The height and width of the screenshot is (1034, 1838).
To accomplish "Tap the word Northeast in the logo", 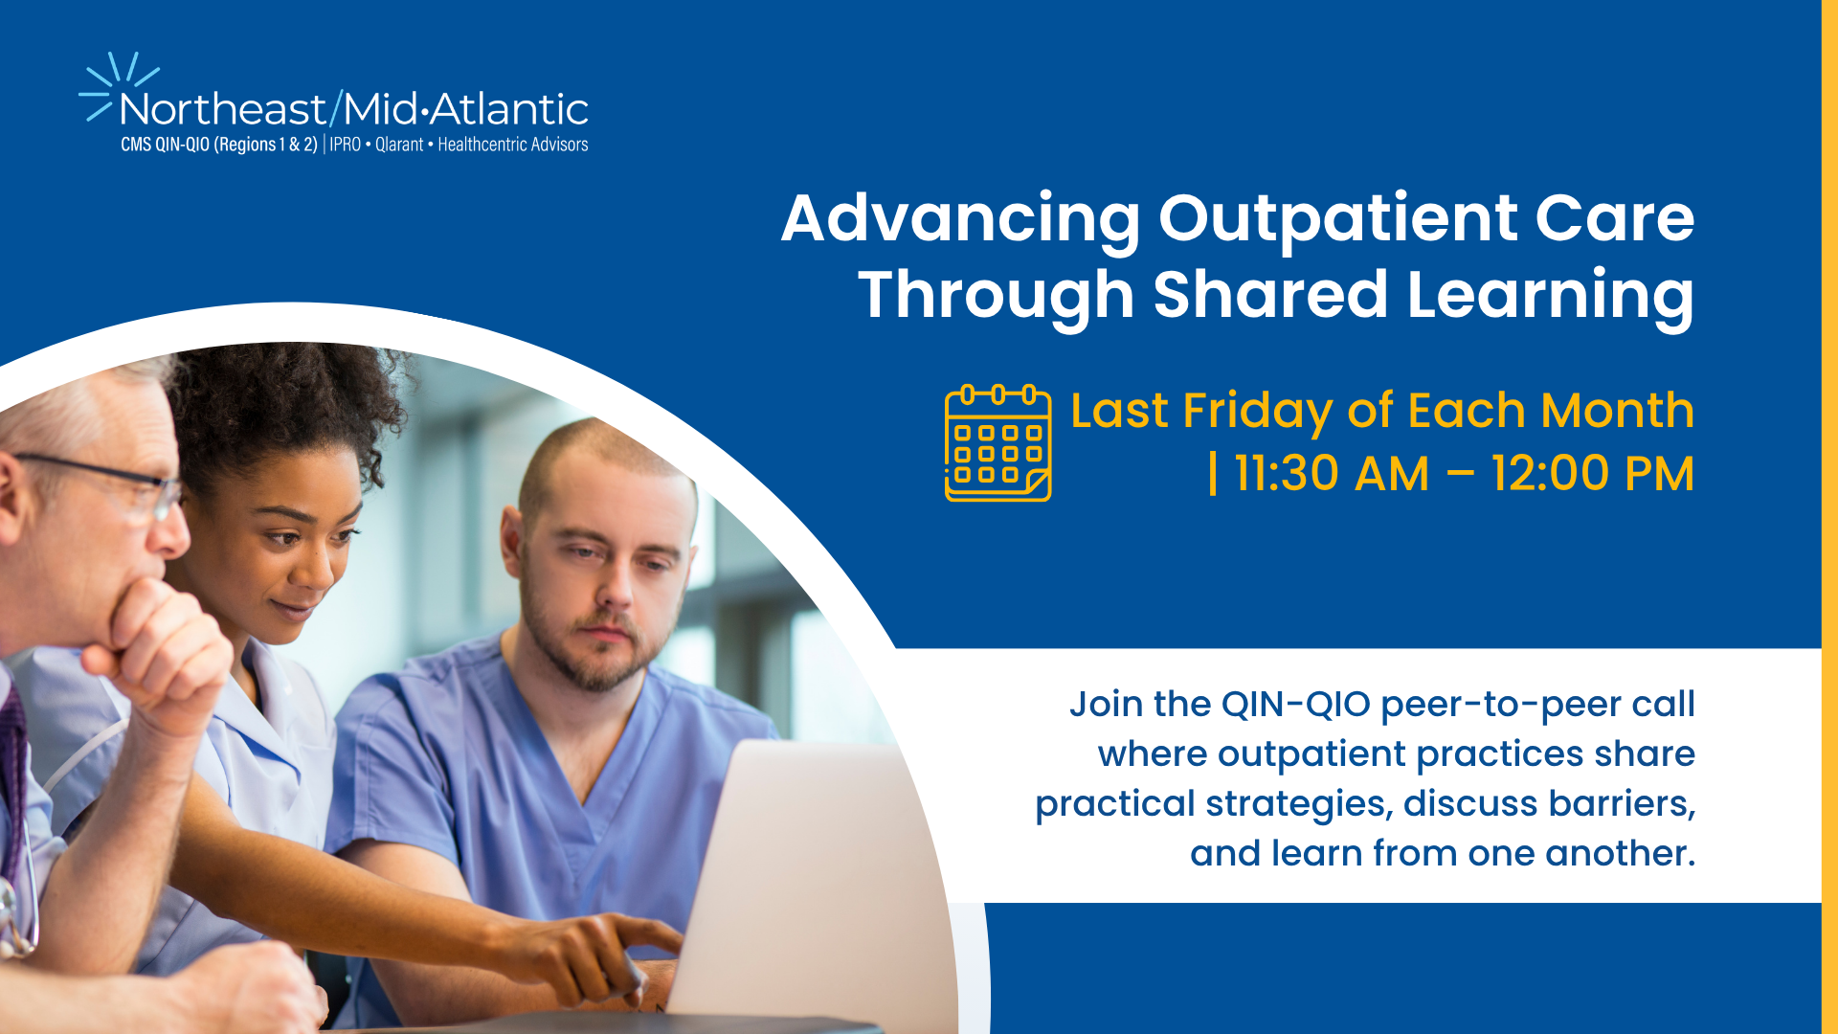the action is tap(223, 109).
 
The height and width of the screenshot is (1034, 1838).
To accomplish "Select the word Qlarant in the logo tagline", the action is tap(399, 145).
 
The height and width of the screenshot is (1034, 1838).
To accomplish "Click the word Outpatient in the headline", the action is tap(1338, 220).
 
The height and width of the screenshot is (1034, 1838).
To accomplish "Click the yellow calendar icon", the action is tap(997, 443).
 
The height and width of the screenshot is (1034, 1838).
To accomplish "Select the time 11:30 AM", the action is tap(1332, 474).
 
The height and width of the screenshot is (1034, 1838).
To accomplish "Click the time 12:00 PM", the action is tap(1593, 474).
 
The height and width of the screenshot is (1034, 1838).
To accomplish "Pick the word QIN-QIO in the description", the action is tap(1296, 705).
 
